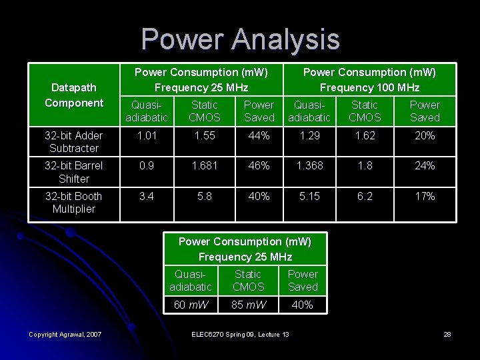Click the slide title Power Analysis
tap(240, 39)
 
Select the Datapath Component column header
tap(74, 95)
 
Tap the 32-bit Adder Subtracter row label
tap(74, 142)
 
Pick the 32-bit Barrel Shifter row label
tap(74, 172)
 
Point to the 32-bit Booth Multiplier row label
tap(74, 203)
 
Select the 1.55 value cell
tap(204, 136)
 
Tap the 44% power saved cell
tap(259, 136)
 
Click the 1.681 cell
tap(204, 166)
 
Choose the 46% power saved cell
tap(259, 166)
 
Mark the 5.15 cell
tap(309, 196)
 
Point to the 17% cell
tap(425, 196)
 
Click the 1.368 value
tap(309, 166)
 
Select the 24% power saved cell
tap(425, 166)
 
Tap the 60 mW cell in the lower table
tap(191, 305)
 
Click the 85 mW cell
tap(248, 305)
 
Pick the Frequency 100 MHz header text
tap(369, 87)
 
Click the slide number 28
tap(448, 334)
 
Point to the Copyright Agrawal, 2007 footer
tap(65, 334)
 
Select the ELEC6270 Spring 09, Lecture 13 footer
tap(240, 334)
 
